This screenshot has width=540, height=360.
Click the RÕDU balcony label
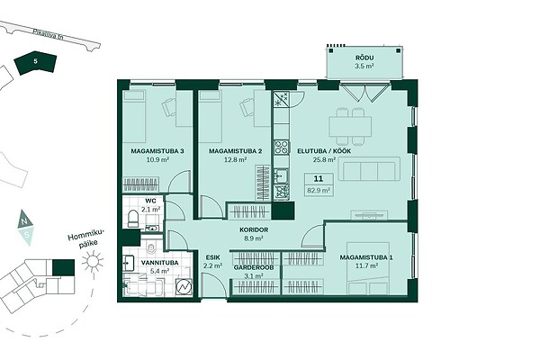pos(364,58)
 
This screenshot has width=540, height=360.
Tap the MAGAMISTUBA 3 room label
pos(157,151)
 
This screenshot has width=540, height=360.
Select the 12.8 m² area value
pos(235,159)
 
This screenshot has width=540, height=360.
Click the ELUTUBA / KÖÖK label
pos(324,151)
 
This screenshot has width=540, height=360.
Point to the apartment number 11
pos(319,178)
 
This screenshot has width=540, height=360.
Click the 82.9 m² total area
pos(319,190)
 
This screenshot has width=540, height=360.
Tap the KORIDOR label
pos(254,229)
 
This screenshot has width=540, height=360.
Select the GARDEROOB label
pos(254,267)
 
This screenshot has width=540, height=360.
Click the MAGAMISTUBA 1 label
pos(366,257)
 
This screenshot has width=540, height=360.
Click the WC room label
pos(151,201)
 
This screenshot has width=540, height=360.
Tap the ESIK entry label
pos(212,257)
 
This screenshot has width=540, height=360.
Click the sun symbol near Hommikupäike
pos(93,261)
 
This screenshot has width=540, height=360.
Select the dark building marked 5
pos(35,63)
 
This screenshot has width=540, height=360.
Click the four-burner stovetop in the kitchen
pos(282,147)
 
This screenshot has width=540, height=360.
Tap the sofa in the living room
pos(369,169)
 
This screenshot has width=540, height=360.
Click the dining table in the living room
pos(350,127)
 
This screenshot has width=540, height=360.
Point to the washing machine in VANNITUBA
pos(184,286)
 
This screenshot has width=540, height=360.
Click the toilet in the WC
pos(133,219)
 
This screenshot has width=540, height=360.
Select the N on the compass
pos(23,221)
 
